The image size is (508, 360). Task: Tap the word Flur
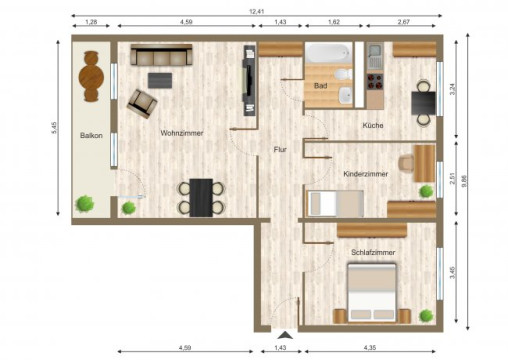tap(281, 150)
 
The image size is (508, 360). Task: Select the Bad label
tap(320, 86)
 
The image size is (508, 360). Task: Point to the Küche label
tap(374, 125)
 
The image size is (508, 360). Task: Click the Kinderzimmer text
tap(365, 173)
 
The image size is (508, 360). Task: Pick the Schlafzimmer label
tap(372, 253)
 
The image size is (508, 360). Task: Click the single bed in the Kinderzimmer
tap(335, 203)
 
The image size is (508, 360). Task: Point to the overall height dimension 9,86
tap(478, 181)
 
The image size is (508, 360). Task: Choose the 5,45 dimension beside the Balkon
tap(55, 127)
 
